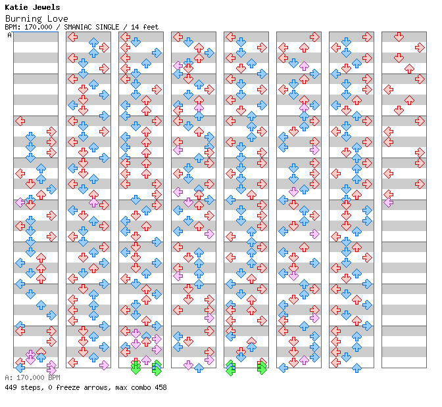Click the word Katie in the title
coord(16,8)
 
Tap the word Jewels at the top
coord(45,8)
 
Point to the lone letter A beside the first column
coord(9,35)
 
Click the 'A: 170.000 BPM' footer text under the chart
coord(32,378)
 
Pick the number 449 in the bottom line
coord(11,387)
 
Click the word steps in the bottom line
coord(30,387)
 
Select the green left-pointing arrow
coord(230,368)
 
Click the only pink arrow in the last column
coord(388,202)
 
